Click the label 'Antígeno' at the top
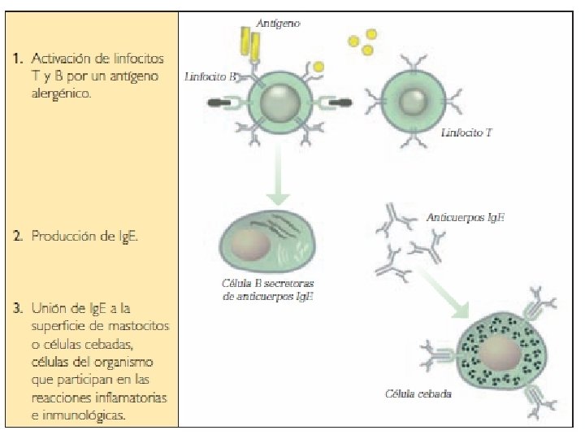tap(278, 24)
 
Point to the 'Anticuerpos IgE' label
tap(466, 218)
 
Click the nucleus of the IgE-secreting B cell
tap(251, 244)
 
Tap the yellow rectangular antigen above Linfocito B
tap(248, 46)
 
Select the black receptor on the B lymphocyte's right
tap(341, 104)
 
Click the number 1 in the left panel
tap(16, 59)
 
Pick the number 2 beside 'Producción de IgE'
tap(17, 237)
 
